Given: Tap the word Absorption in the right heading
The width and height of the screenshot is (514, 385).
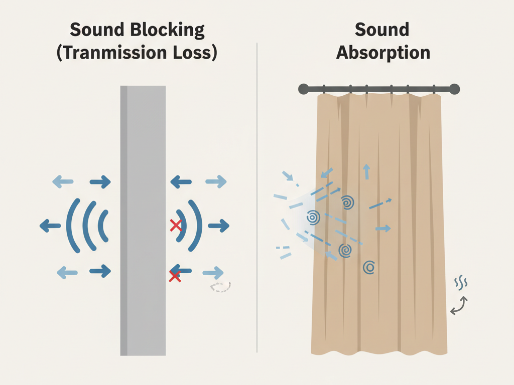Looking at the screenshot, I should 383,52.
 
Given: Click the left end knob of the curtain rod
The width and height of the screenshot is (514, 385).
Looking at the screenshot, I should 304,89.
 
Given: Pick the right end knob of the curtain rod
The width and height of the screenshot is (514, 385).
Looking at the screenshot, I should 454,89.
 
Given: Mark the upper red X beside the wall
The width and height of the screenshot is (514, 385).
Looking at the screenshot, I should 176,226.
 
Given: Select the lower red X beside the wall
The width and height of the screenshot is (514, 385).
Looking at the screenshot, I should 175,275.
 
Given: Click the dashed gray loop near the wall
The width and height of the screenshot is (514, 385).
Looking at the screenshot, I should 221,287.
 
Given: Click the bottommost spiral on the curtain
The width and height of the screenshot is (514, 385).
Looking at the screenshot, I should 370,267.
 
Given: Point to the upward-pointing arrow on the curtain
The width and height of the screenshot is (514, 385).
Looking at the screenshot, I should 366,171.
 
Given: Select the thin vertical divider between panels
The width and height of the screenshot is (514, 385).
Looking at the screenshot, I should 257,201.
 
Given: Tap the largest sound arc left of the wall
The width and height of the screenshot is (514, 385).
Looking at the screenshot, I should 72,225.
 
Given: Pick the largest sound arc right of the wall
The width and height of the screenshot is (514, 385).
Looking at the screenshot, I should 196,225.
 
